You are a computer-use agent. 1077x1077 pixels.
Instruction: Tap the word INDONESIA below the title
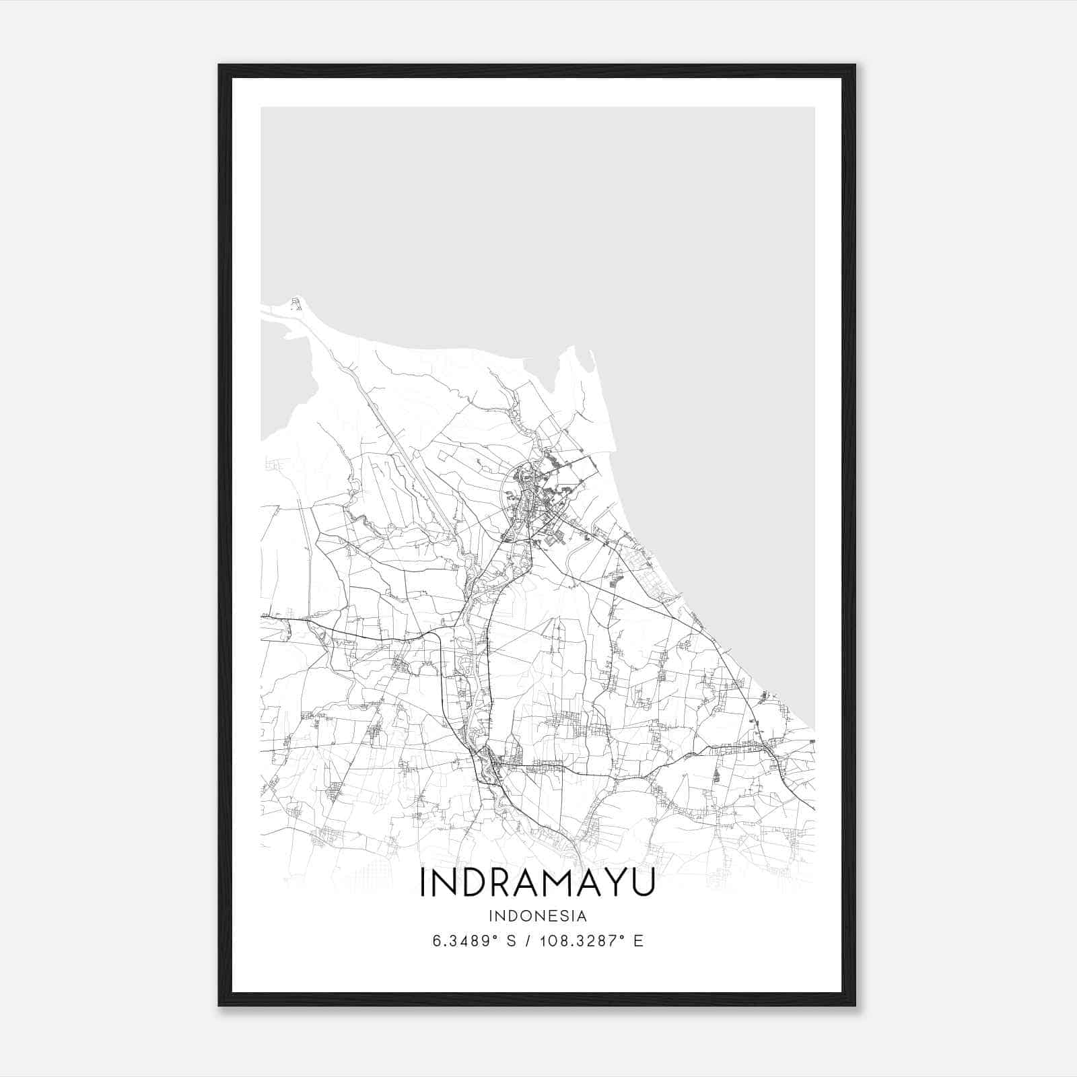coord(538,916)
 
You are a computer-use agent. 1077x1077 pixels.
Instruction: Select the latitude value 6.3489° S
coord(475,941)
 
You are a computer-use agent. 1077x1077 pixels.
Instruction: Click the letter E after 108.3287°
coord(639,941)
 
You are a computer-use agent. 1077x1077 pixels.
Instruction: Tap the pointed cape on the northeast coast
coord(573,348)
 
